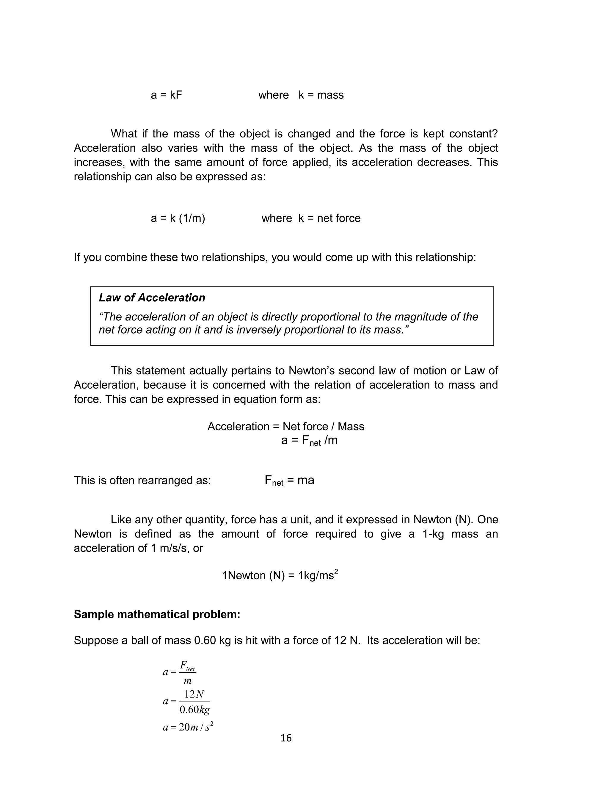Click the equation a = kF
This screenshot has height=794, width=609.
pyautogui.click(x=167, y=95)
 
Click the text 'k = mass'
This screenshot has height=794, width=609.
pyautogui.click(x=321, y=95)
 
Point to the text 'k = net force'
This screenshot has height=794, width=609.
pyautogui.click(x=329, y=218)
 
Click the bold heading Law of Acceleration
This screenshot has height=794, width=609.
pyautogui.click(x=152, y=298)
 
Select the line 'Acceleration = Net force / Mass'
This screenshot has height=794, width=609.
pyautogui.click(x=286, y=426)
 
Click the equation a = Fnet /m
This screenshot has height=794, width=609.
pyautogui.click(x=309, y=441)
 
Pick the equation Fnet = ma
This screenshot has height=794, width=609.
pyautogui.click(x=289, y=480)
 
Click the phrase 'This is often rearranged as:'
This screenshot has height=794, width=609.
pyautogui.click(x=142, y=480)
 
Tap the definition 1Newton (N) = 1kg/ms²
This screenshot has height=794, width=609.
pyautogui.click(x=280, y=575)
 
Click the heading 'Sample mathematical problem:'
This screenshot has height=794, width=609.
pyautogui.click(x=157, y=614)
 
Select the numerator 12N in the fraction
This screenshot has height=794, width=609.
pyautogui.click(x=194, y=694)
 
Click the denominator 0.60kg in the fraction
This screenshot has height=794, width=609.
pyautogui.click(x=195, y=710)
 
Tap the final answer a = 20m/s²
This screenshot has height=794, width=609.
pyautogui.click(x=188, y=727)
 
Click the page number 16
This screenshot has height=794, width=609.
pyautogui.click(x=286, y=738)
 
